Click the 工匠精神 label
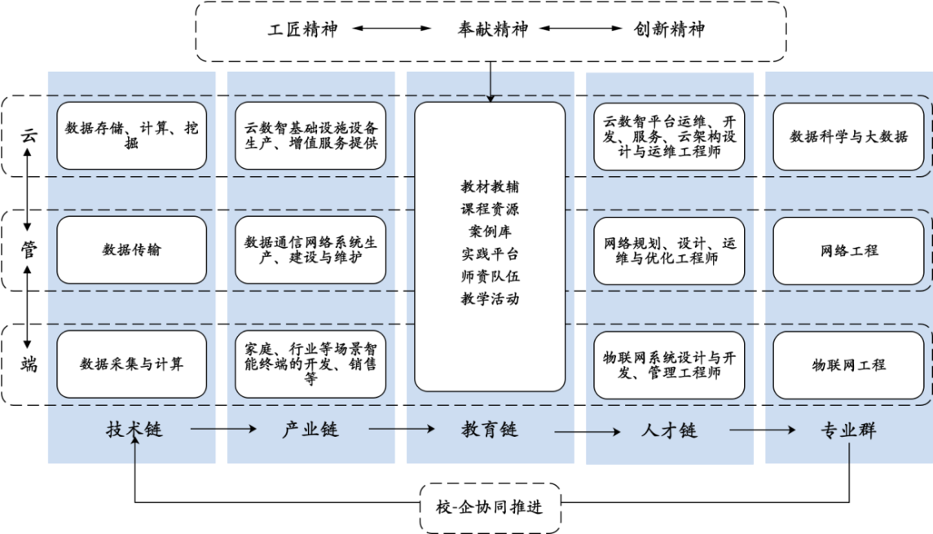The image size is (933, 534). [302, 30]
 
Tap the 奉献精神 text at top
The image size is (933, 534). [492, 30]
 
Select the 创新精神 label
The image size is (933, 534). [669, 30]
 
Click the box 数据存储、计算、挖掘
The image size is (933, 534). [131, 135]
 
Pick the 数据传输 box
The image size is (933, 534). [131, 249]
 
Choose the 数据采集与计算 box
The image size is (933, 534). [131, 364]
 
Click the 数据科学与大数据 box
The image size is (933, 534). [848, 136]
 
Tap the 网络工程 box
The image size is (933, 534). [848, 250]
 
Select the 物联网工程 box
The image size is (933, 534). [848, 364]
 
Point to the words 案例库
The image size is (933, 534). [490, 231]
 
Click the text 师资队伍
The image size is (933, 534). [490, 276]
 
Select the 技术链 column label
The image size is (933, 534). [134, 429]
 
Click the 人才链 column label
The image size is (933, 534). [668, 430]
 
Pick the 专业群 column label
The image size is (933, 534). [848, 430]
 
